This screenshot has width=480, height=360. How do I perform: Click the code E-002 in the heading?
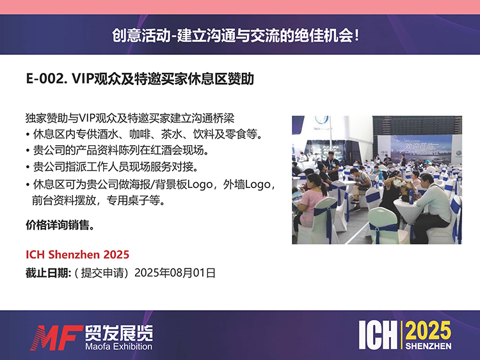click(x=46, y=79)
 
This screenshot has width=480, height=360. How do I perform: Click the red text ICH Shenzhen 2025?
click(x=77, y=254)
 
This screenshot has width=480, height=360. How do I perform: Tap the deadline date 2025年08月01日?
click(x=175, y=273)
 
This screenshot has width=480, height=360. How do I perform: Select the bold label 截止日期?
click(x=48, y=273)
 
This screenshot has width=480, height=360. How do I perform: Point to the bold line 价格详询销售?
click(x=60, y=225)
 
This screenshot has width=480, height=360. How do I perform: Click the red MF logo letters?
click(x=56, y=338)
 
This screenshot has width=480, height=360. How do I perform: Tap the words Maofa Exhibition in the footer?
click(x=119, y=346)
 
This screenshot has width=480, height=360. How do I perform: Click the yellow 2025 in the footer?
click(x=428, y=331)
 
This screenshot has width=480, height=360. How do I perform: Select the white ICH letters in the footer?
click(x=378, y=335)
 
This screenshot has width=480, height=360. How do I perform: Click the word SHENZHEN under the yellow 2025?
click(x=428, y=346)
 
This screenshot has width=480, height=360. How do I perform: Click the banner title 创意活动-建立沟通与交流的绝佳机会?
click(x=235, y=35)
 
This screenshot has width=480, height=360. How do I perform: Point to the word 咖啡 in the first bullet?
click(x=140, y=134)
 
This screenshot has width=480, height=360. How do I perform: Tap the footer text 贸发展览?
click(x=119, y=333)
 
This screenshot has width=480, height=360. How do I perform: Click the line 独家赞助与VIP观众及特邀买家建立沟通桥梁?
click(x=130, y=118)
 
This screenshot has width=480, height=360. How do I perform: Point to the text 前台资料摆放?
click(x=63, y=201)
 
